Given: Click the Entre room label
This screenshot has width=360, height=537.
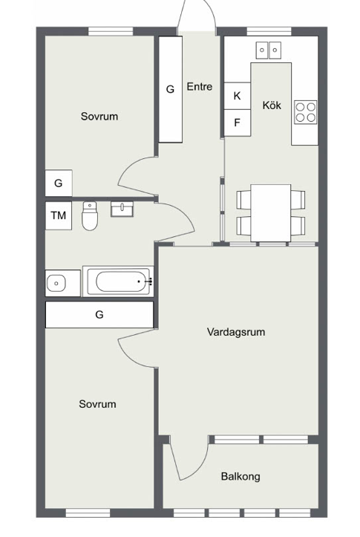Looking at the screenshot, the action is coord(200,87).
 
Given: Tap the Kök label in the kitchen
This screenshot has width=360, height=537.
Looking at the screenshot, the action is coord(272,105).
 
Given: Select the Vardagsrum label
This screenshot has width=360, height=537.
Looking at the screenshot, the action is coord(236,332).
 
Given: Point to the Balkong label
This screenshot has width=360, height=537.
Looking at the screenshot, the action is coord(240,476).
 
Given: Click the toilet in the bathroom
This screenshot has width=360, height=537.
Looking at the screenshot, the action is coord(90,215).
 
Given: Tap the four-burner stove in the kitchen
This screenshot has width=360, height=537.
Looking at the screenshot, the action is coord(305,112).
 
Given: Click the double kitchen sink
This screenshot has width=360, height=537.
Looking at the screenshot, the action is coord(269,51).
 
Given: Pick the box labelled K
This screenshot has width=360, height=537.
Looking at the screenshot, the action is coord(237,96).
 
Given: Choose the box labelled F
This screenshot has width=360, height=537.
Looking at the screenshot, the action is coord(237,123).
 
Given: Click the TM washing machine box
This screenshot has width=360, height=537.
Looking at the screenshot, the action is coord(59,215).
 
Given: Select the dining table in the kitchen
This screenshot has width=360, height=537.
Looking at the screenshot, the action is coord(271,213).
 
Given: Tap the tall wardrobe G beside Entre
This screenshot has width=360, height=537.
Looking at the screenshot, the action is coord(171,89).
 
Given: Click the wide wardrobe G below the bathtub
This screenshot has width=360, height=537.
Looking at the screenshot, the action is coord(99,314).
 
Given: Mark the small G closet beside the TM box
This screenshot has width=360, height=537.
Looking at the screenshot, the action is coord(59,183).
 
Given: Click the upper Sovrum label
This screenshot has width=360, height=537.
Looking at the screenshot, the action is coord(99,117).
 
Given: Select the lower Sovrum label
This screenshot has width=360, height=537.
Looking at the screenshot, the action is coord(97,404).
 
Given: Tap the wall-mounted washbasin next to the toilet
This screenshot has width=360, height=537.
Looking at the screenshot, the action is coord(122,209).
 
